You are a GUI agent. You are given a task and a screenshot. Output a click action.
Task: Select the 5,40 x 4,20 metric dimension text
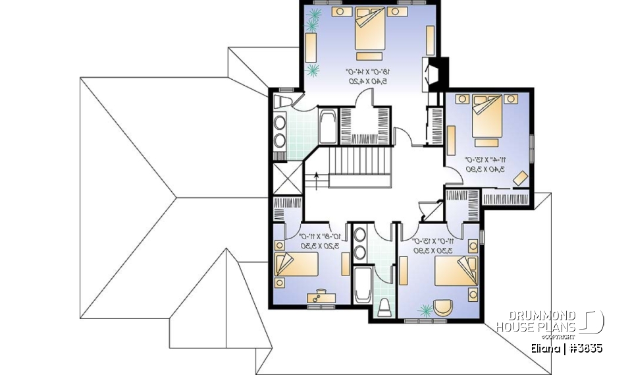coord(367,80)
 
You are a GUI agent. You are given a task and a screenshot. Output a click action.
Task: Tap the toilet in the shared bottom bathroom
coord(385,307)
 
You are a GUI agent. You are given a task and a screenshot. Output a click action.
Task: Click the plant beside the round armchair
coord(424,307)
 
